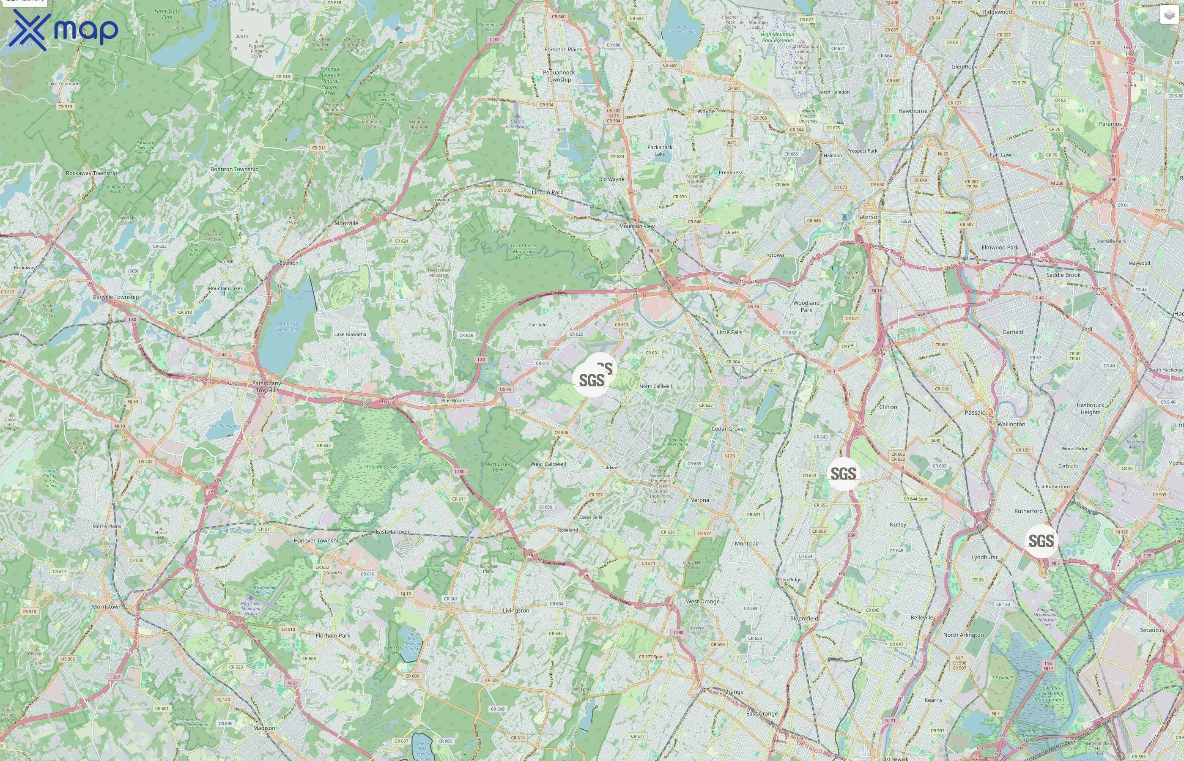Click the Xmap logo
63,30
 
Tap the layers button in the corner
1169,15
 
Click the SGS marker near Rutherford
1041,541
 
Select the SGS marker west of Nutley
843,474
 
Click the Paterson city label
868,217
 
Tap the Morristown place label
107,607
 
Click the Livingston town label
516,611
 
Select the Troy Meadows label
382,466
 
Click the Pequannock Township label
559,76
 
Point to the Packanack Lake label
660,151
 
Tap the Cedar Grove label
727,429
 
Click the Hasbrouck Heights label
1090,409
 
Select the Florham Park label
333,635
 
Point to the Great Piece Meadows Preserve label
523,252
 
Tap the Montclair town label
747,544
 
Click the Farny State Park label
167,14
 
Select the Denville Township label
115,297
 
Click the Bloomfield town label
804,619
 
